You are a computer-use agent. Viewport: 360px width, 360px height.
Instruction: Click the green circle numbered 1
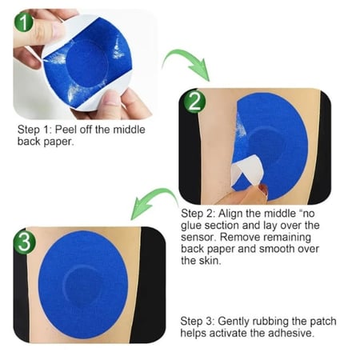click(24, 22)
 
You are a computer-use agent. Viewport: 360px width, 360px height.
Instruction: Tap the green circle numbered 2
click(194, 102)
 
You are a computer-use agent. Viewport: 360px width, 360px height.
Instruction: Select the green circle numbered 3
click(25, 242)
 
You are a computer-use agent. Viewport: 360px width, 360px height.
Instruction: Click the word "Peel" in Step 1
click(66, 130)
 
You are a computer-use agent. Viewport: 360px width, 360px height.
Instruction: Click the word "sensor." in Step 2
click(198, 238)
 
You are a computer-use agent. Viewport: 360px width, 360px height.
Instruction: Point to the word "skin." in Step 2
click(210, 261)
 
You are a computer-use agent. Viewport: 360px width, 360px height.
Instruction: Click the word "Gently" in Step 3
click(234, 322)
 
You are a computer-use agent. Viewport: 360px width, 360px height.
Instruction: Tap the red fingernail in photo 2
click(263, 189)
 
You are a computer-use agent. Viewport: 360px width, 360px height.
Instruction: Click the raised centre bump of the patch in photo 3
click(83, 286)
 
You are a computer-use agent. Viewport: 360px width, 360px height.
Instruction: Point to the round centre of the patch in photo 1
click(86, 64)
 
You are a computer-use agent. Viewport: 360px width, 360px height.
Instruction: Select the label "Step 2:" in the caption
click(198, 214)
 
